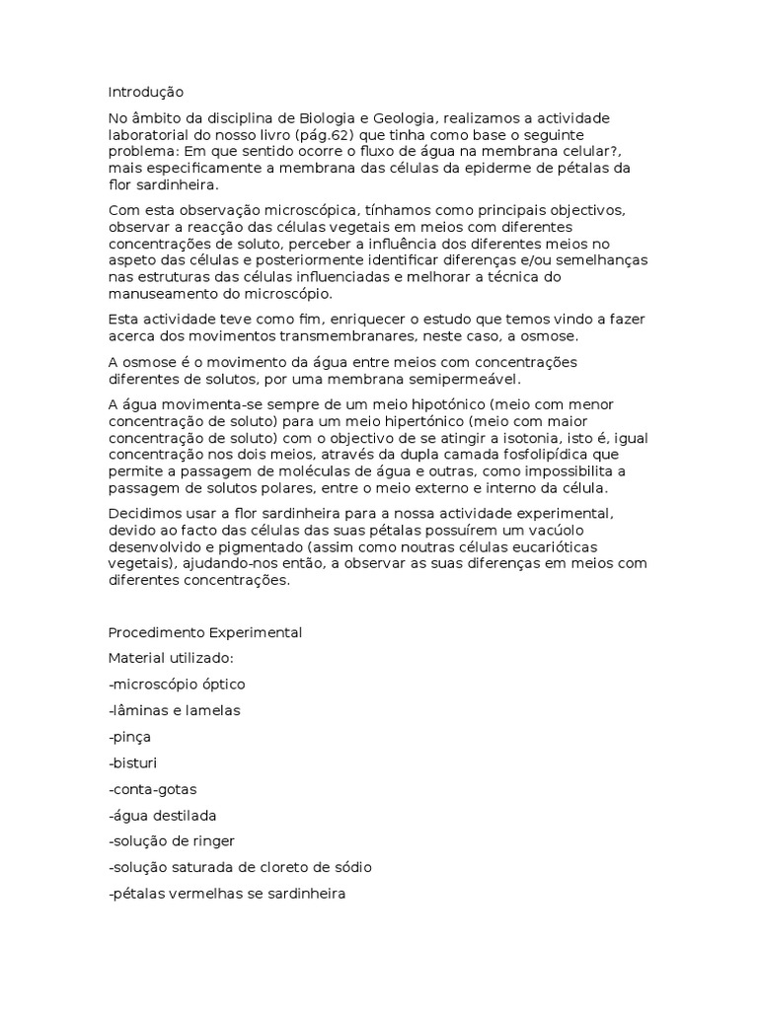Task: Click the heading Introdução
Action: click(x=145, y=92)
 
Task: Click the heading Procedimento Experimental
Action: click(x=205, y=631)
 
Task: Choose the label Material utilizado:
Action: click(x=170, y=657)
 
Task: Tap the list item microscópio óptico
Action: click(x=177, y=684)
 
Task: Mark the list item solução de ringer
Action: click(x=172, y=840)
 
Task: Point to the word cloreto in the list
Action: click(x=273, y=867)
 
